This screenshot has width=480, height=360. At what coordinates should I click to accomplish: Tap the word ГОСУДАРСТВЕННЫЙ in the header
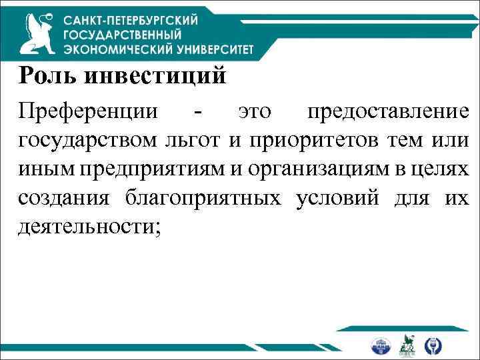click(x=132, y=35)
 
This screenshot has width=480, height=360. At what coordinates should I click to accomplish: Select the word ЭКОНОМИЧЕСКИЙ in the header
click(x=113, y=49)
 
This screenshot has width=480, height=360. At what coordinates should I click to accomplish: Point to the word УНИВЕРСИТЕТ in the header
click(x=211, y=49)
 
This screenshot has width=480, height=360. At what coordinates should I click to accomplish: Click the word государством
click(x=87, y=141)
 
